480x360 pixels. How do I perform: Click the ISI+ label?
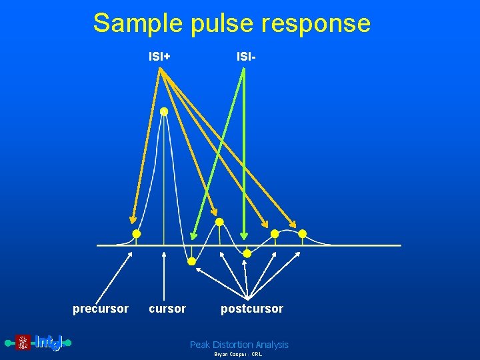(x=159, y=57)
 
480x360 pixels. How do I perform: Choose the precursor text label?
(x=101, y=309)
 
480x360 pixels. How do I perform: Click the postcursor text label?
(x=252, y=309)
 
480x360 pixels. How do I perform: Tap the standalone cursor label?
(x=167, y=309)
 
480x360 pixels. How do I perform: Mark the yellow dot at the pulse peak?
(x=164, y=112)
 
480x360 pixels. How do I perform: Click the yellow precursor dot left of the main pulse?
(x=136, y=234)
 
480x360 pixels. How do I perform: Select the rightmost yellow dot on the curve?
(x=302, y=234)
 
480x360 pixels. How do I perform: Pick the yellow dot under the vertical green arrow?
(x=247, y=253)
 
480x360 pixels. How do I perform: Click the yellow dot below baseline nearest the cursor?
(x=191, y=262)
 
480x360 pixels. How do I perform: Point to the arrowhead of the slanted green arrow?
(x=193, y=235)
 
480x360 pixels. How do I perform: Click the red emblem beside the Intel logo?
(x=23, y=343)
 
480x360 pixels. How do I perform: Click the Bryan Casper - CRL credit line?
(x=238, y=355)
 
